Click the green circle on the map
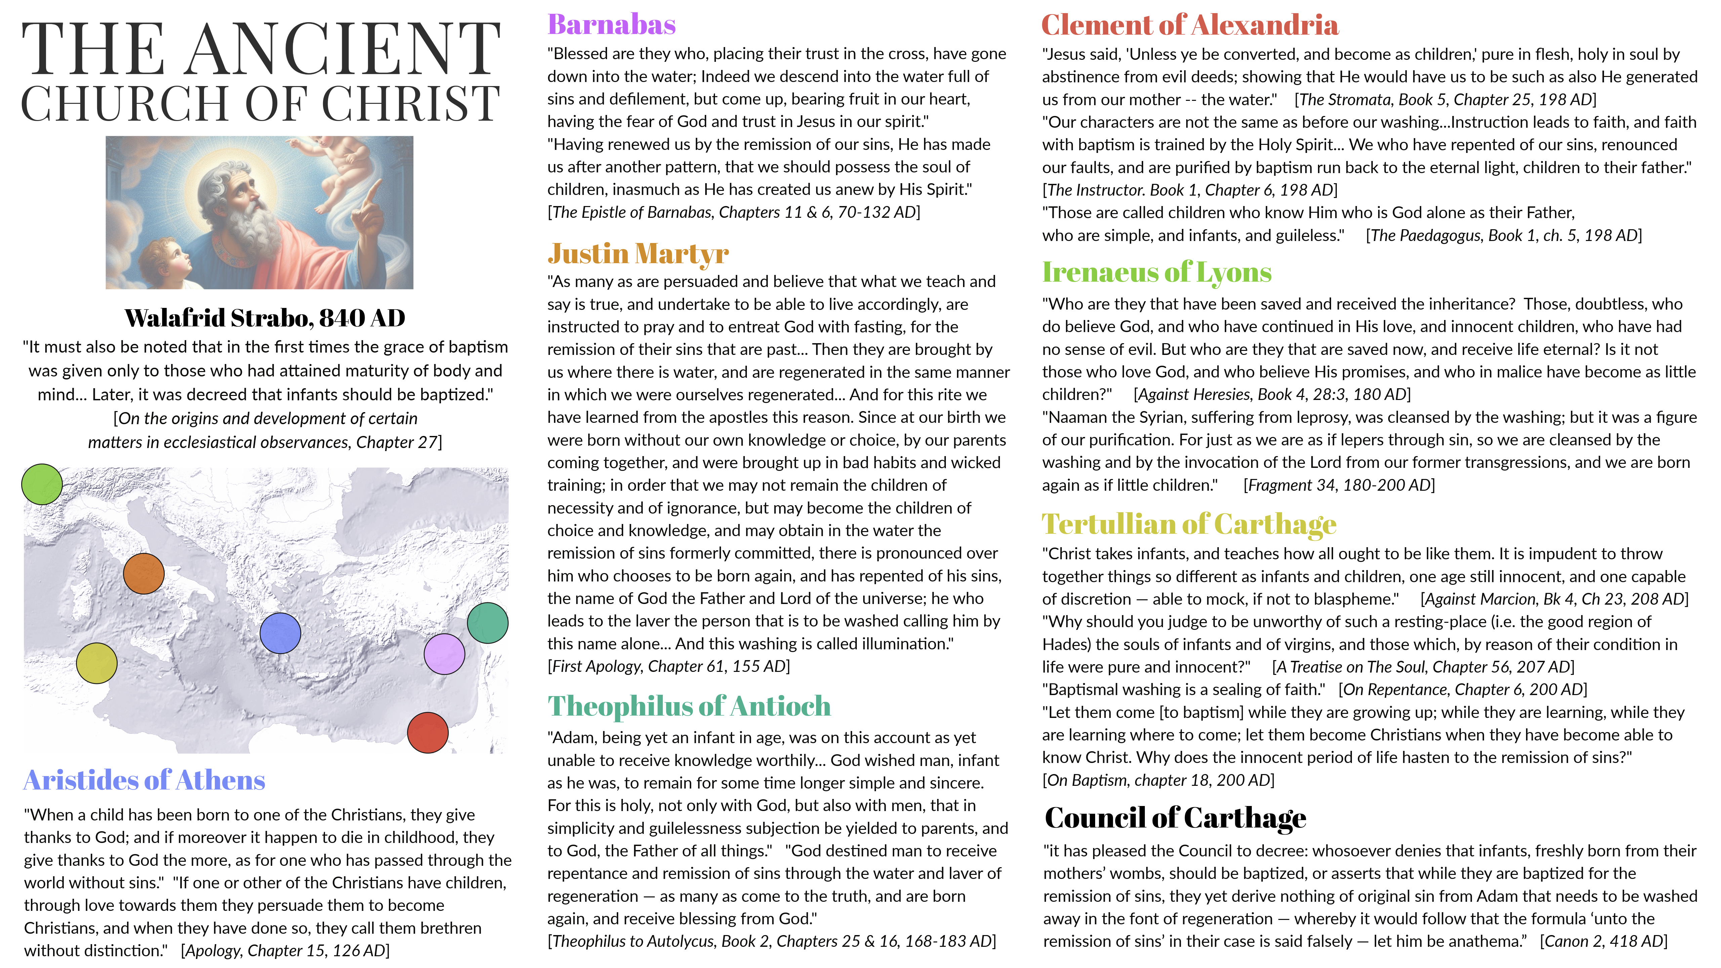(42, 484)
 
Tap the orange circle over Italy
(144, 574)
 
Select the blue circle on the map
(280, 633)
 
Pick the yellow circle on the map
(97, 663)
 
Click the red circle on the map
(428, 733)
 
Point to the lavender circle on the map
(444, 654)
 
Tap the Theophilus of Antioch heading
(689, 706)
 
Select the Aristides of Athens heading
(144, 780)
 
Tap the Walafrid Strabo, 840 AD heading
(265, 318)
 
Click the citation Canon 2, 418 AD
(1603, 941)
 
